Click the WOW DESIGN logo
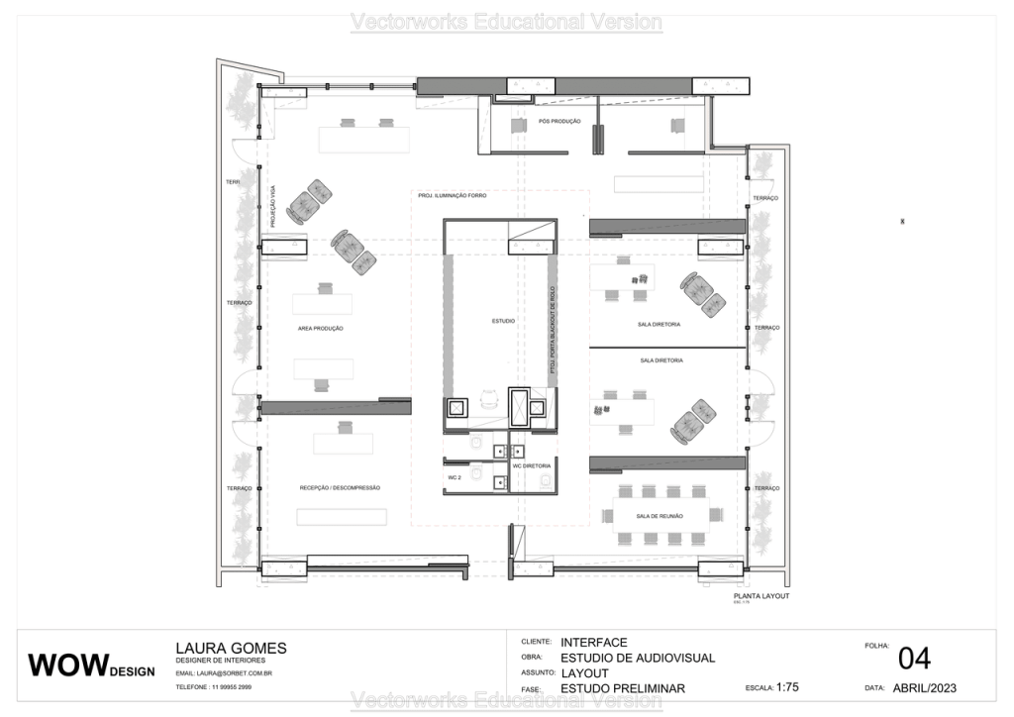[x=91, y=666]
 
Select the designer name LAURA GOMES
[x=231, y=649]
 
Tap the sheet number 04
[x=913, y=659]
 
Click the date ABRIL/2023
[x=924, y=687]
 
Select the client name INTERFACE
[x=593, y=643]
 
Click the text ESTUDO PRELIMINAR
[x=622, y=688]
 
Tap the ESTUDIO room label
[x=503, y=321]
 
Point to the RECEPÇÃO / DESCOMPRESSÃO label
[x=340, y=488]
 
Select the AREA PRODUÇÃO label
[x=320, y=328]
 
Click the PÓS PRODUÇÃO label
[x=559, y=121]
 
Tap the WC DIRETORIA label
[x=531, y=464]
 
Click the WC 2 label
[x=456, y=477]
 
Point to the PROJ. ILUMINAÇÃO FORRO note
[x=453, y=196]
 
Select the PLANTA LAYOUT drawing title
[x=760, y=598]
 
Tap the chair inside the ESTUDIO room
[x=486, y=399]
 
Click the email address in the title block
[x=224, y=673]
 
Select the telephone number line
[x=213, y=686]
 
